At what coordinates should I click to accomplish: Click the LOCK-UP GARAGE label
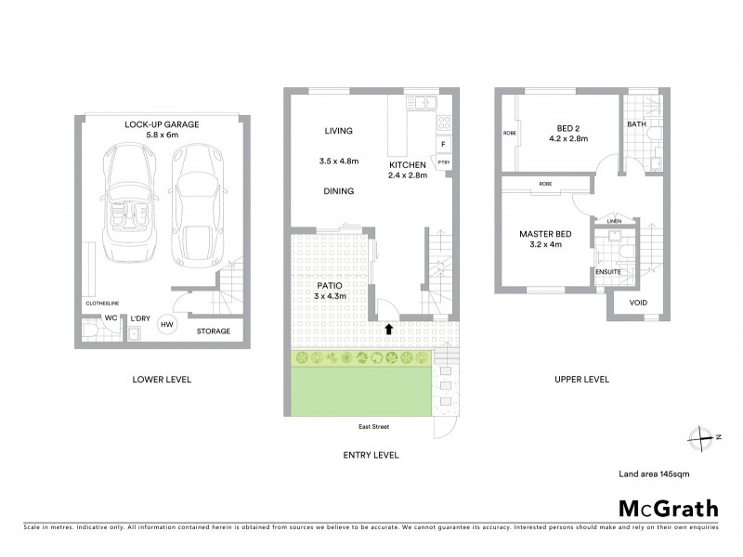coord(162,123)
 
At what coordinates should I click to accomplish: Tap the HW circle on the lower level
coord(167,324)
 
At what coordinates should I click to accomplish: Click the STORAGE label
coord(213,330)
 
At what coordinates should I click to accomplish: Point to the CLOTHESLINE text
coord(101,303)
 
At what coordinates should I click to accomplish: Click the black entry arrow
coord(389,328)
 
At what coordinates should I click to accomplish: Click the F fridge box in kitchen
coord(443,145)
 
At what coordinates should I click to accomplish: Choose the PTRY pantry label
coord(444,163)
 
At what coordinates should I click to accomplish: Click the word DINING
coord(338,191)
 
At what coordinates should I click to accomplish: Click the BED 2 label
coord(567,128)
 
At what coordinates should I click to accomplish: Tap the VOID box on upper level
coord(638,304)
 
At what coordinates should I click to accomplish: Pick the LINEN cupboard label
coord(614,220)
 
